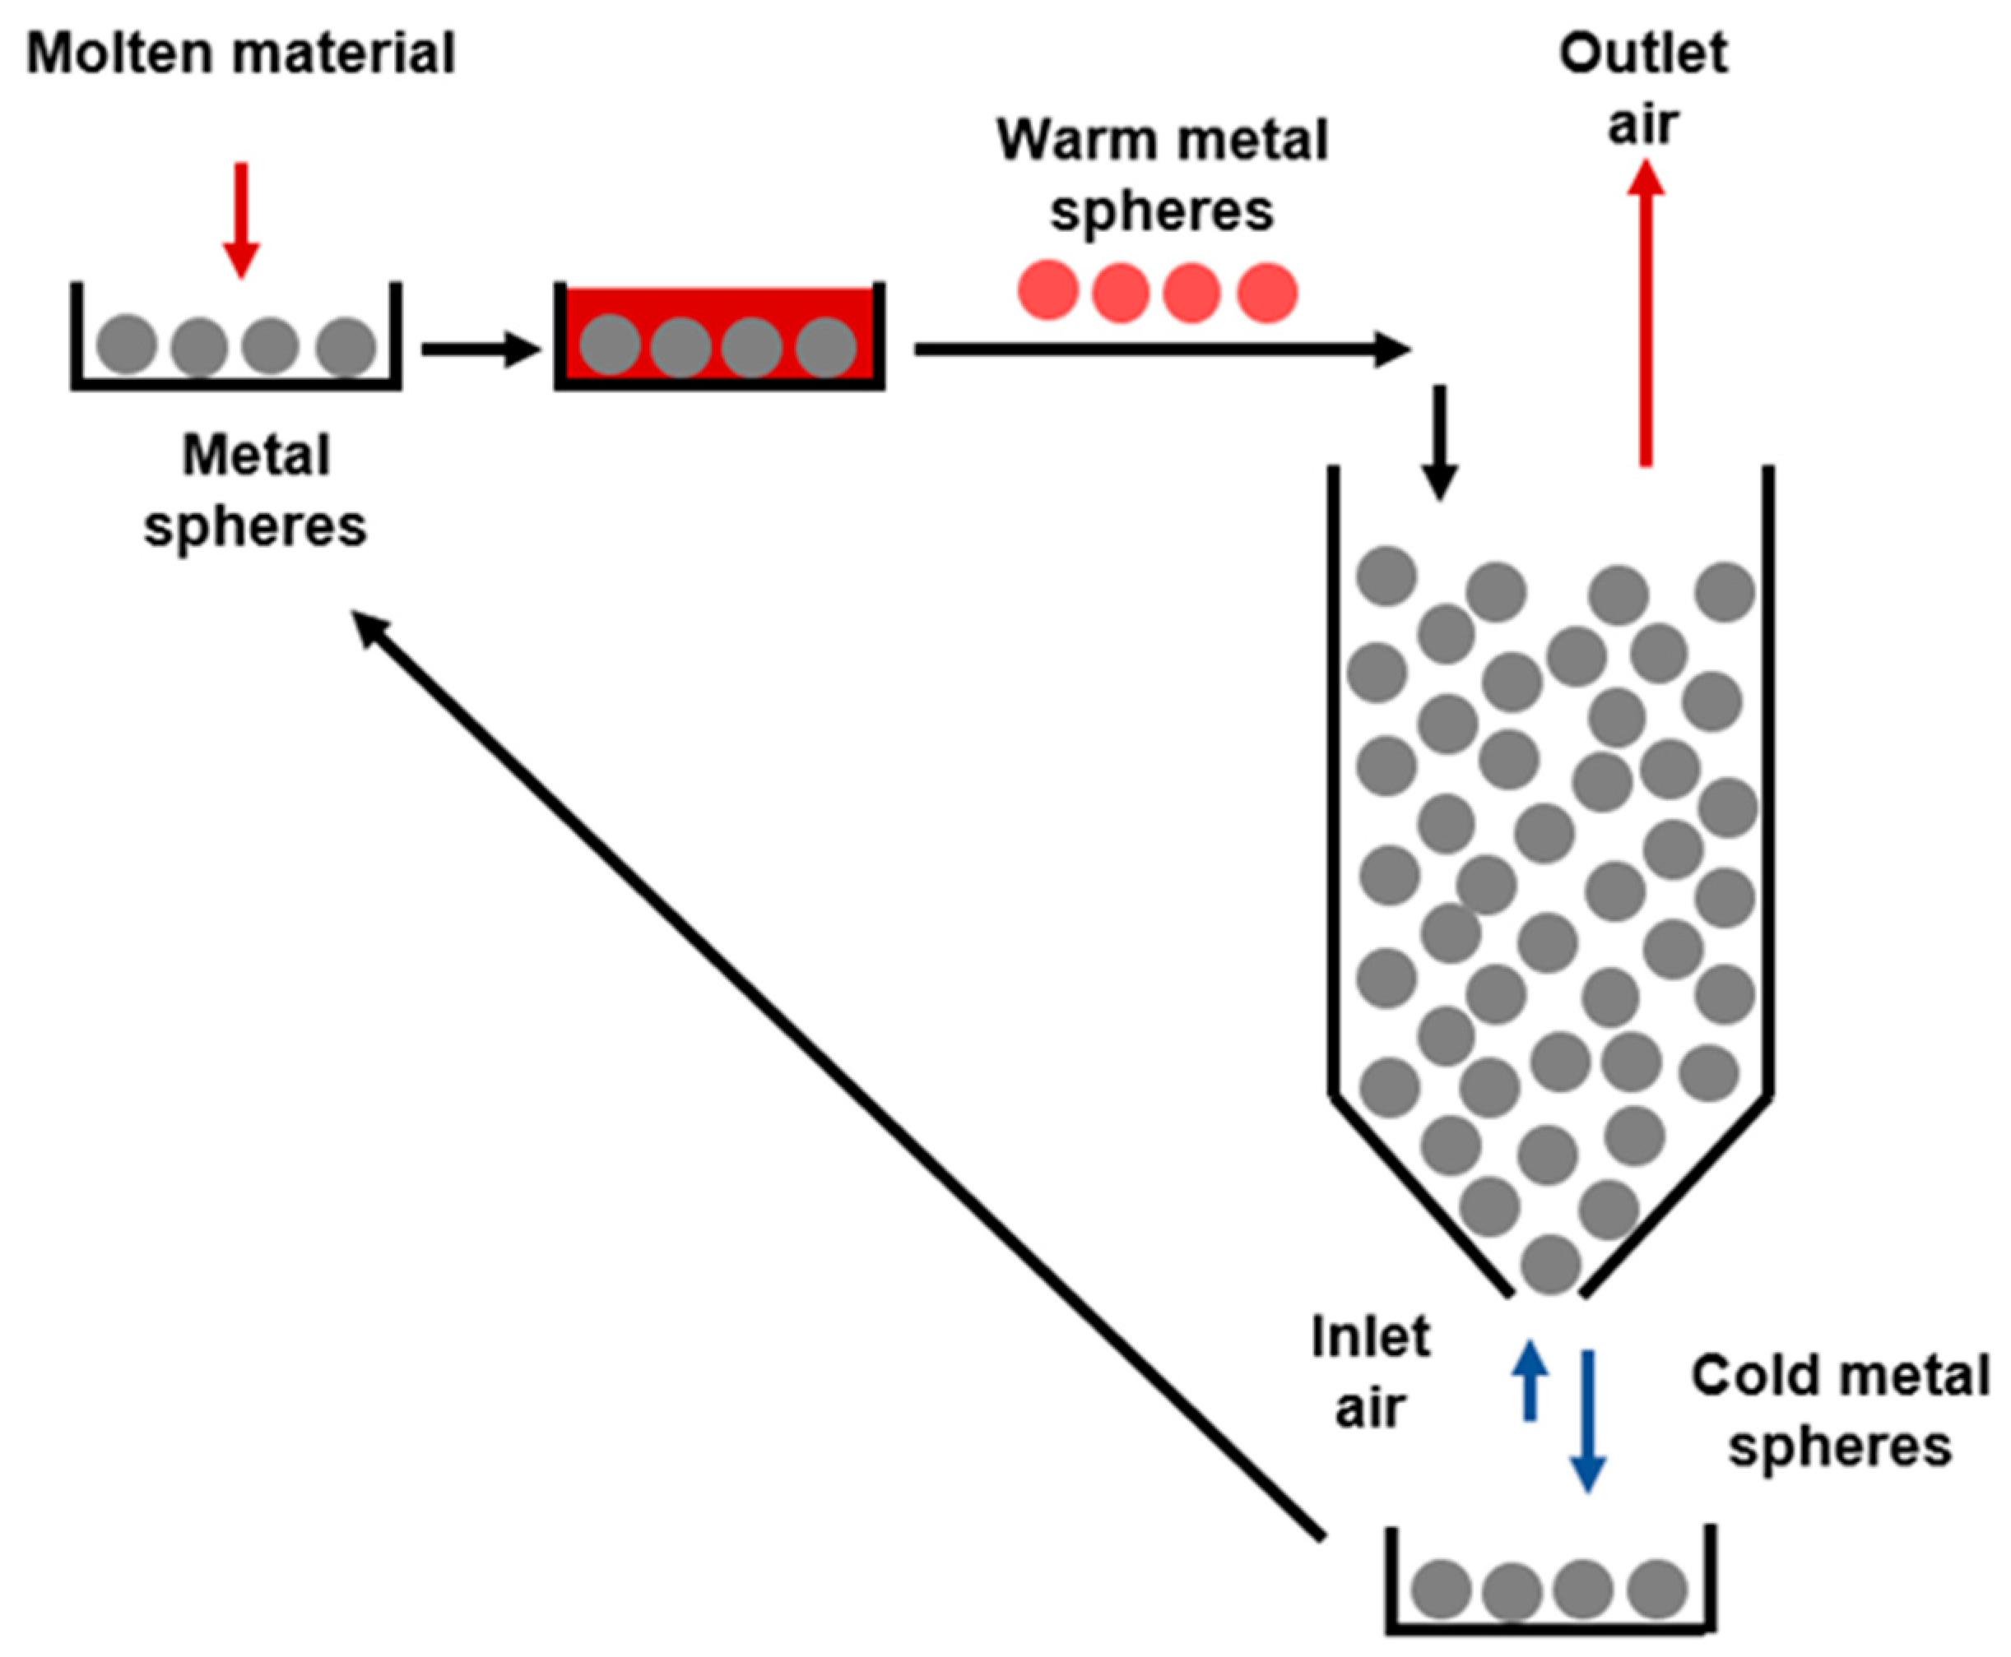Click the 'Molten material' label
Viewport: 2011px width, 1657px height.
(x=240, y=53)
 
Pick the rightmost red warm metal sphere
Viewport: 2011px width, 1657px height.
(x=1267, y=291)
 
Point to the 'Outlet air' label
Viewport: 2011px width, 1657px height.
(x=1642, y=88)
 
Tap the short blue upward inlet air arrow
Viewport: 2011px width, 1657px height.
(x=1530, y=1379)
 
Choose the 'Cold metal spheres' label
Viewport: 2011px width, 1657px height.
(x=1839, y=1411)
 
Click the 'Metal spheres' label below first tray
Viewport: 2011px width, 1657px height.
(x=255, y=491)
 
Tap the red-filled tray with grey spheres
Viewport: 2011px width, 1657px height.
(x=719, y=336)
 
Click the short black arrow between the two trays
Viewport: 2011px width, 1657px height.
(x=481, y=349)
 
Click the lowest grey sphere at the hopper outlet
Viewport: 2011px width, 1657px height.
(x=1551, y=1264)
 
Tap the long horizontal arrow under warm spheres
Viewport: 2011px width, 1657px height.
(x=1161, y=349)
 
